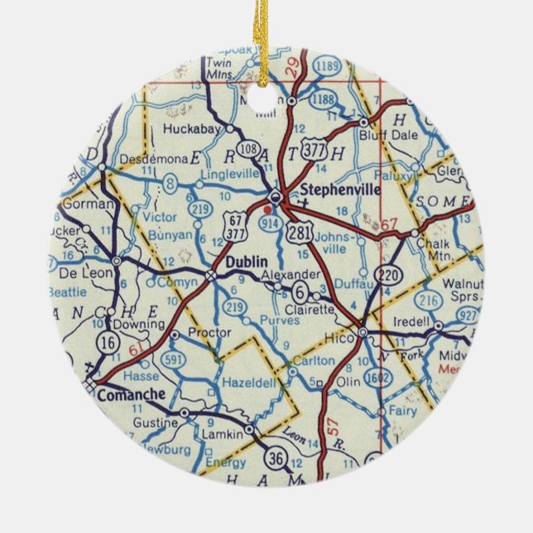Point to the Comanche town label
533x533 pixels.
point(127,395)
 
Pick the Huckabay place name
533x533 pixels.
point(191,129)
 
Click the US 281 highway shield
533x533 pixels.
point(300,233)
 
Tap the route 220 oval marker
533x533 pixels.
point(387,274)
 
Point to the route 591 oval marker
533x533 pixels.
point(175,359)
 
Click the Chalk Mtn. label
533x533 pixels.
point(440,248)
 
